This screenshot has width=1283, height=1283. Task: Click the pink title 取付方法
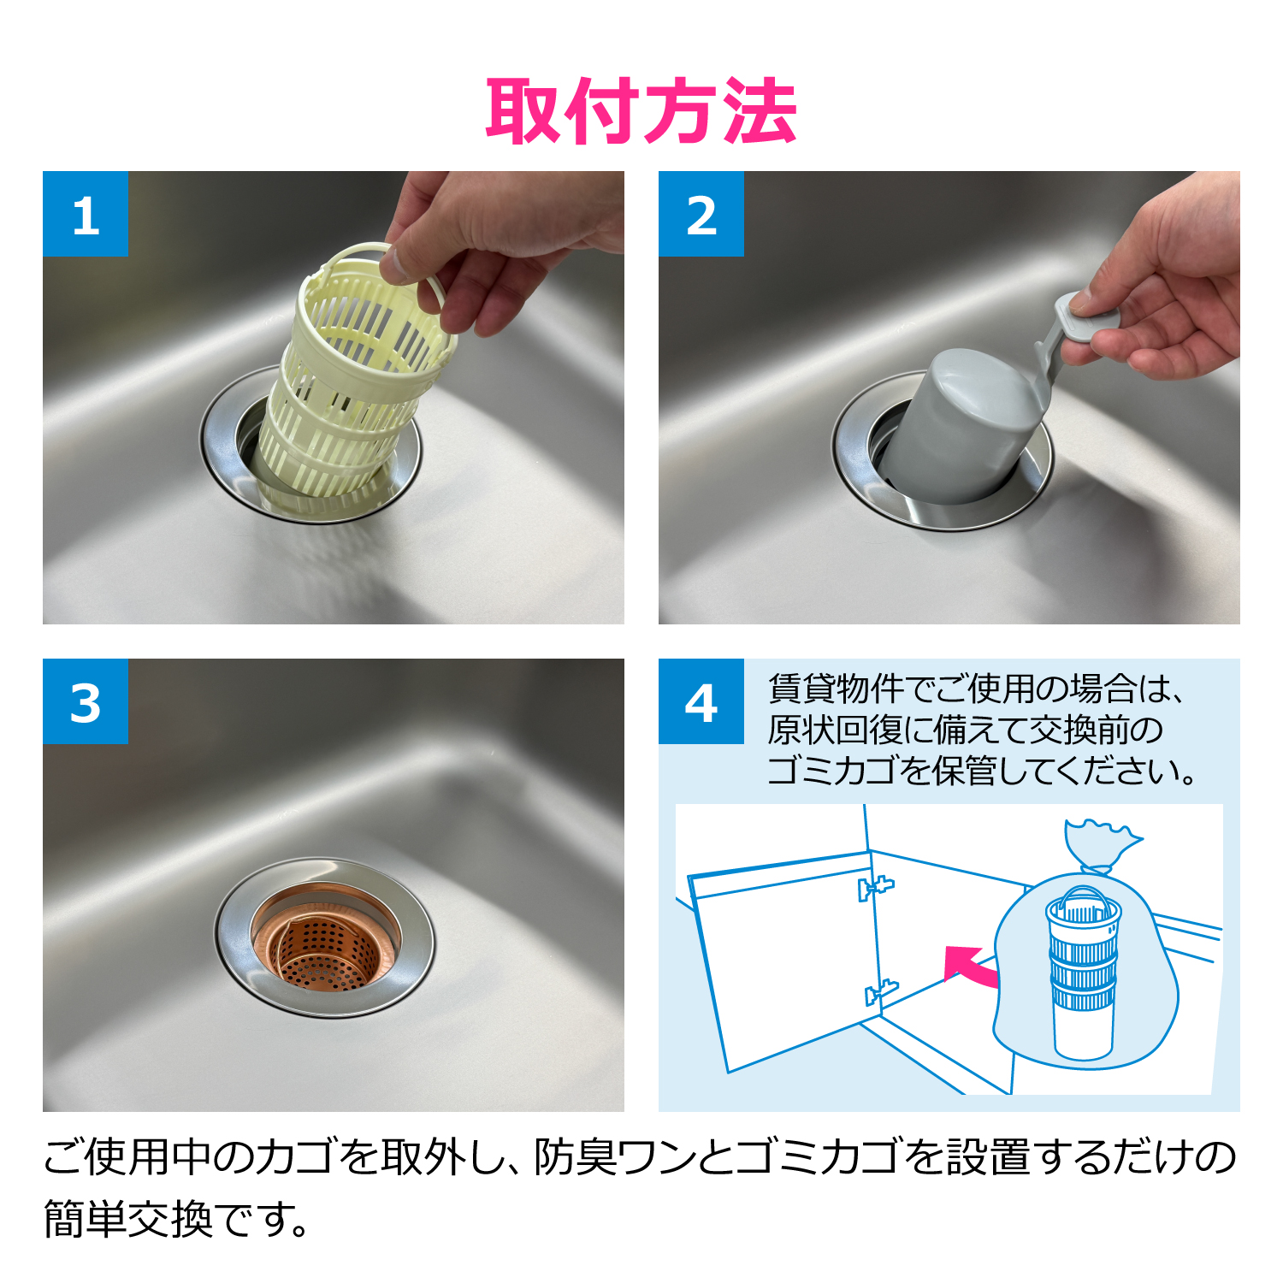pyautogui.click(x=641, y=111)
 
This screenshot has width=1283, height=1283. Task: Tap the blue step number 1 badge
pyautogui.click(x=86, y=214)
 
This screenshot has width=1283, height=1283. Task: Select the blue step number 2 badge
pyautogui.click(x=701, y=214)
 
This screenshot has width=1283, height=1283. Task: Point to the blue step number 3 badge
pyautogui.click(x=86, y=701)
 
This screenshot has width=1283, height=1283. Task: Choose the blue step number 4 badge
pyautogui.click(x=701, y=701)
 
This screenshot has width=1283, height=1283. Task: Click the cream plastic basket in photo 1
pyautogui.click(x=351, y=385)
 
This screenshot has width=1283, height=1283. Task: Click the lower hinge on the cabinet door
pyautogui.click(x=880, y=992)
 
